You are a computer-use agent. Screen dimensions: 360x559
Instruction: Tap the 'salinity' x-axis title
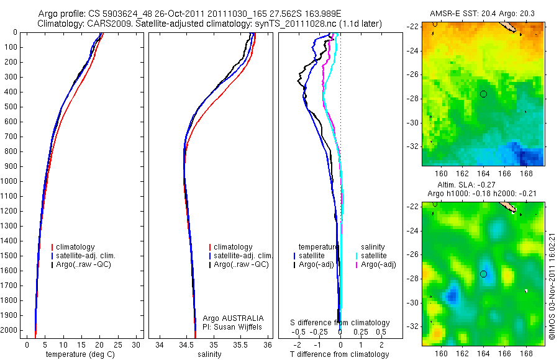(214, 354)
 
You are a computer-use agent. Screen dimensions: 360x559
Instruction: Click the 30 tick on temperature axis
(137, 344)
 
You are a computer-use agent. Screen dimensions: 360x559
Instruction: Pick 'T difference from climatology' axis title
(340, 354)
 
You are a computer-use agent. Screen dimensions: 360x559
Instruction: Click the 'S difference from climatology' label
(340, 323)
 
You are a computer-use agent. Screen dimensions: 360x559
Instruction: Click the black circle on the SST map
(483, 94)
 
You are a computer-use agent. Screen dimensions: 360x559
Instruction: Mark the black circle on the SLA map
(483, 274)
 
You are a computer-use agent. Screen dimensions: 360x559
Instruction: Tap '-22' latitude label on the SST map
(413, 27)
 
